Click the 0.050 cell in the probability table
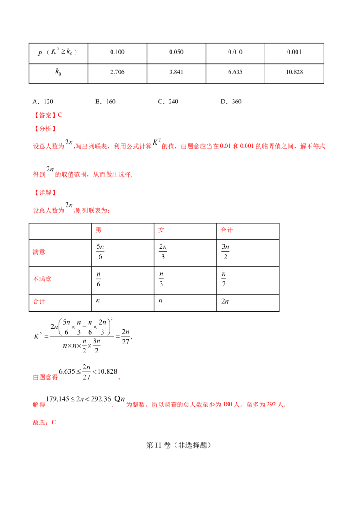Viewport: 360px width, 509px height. click(x=176, y=52)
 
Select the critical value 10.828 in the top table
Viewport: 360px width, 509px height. click(x=294, y=72)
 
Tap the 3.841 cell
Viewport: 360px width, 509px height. click(x=176, y=72)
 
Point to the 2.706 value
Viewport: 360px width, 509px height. click(x=117, y=72)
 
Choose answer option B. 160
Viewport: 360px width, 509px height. click(x=105, y=102)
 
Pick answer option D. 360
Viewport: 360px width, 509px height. click(x=231, y=102)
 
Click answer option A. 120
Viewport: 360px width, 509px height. click(x=43, y=102)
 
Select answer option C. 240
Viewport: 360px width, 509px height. click(x=168, y=102)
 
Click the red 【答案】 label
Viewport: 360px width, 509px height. click(x=45, y=115)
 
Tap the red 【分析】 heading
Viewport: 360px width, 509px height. click(x=45, y=129)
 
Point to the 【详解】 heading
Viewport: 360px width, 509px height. click(x=45, y=192)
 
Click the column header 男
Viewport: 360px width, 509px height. click(x=99, y=230)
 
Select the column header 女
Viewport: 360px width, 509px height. click(x=161, y=230)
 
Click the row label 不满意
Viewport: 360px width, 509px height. click(x=42, y=279)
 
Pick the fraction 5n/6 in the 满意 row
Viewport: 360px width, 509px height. click(x=100, y=252)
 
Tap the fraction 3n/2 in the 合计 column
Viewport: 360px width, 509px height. click(x=225, y=252)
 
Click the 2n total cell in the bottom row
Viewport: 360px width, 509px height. click(x=225, y=301)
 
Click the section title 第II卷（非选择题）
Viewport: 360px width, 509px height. click(x=178, y=445)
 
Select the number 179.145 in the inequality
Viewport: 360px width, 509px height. click(x=58, y=399)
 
